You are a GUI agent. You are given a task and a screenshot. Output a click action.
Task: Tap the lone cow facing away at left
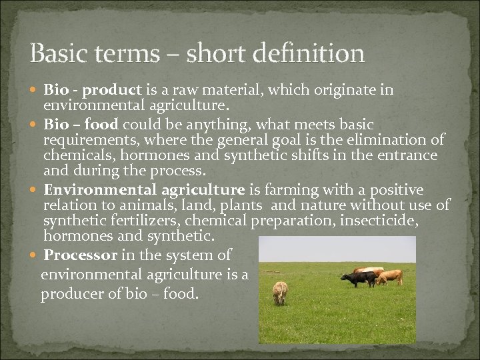(280, 291)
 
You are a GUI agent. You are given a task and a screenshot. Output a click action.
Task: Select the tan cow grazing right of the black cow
(389, 276)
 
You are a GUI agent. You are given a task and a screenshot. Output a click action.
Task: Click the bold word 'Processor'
(81, 255)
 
